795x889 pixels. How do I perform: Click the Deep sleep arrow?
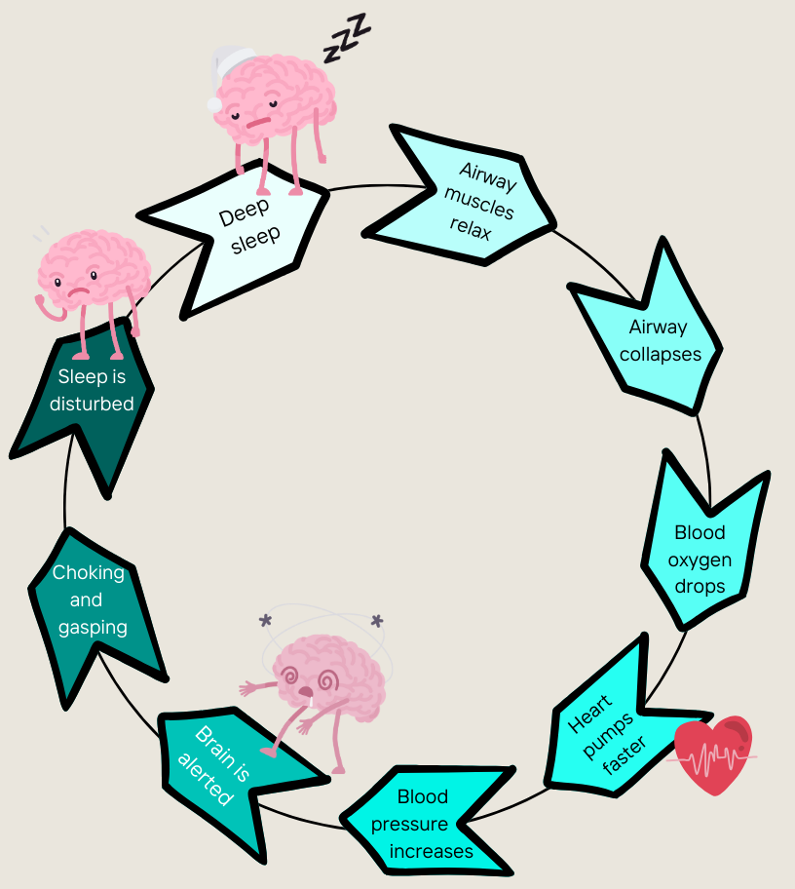point(244,234)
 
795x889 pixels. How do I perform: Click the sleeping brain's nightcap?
point(228,74)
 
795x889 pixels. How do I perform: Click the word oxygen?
point(700,560)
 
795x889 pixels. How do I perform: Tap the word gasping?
point(93,628)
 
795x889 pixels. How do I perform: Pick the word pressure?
point(409,825)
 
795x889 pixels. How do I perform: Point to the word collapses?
point(661,354)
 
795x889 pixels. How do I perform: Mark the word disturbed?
point(94,403)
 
